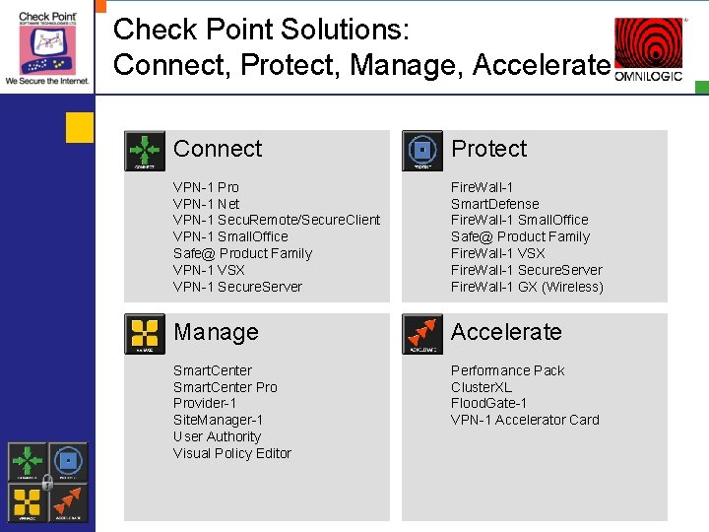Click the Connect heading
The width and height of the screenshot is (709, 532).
[218, 149]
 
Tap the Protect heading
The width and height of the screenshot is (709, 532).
[488, 149]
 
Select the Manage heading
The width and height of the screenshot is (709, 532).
[216, 332]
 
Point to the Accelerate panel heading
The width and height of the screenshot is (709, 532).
[506, 332]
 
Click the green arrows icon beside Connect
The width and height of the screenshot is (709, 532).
[145, 151]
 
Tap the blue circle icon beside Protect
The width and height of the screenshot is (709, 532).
[422, 151]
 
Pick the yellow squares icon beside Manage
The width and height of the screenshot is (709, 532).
[145, 334]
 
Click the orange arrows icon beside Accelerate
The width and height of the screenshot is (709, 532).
[422, 334]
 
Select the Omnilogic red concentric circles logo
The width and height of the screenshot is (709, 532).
[648, 45]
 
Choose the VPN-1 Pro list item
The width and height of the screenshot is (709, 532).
[206, 187]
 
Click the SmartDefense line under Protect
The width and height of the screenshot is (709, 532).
[496, 204]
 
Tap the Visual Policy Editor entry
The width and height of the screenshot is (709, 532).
[232, 453]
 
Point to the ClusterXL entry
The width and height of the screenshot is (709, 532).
[482, 387]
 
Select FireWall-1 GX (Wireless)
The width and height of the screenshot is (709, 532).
[527, 287]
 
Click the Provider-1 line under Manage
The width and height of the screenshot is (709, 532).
[205, 404]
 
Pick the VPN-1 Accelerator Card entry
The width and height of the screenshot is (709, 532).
[525, 420]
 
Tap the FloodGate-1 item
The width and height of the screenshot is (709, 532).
[489, 404]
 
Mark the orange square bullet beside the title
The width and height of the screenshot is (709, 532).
[80, 126]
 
